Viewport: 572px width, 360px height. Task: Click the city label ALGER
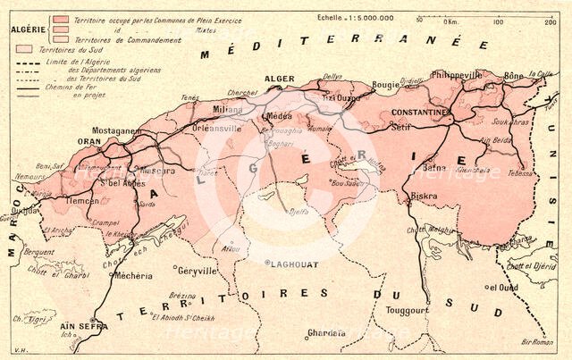(281, 80)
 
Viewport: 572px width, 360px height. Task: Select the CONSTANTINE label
(419, 113)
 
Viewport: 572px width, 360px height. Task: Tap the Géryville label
(197, 270)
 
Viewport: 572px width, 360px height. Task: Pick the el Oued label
(502, 287)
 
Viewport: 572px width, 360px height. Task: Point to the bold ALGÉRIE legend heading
(28, 27)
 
